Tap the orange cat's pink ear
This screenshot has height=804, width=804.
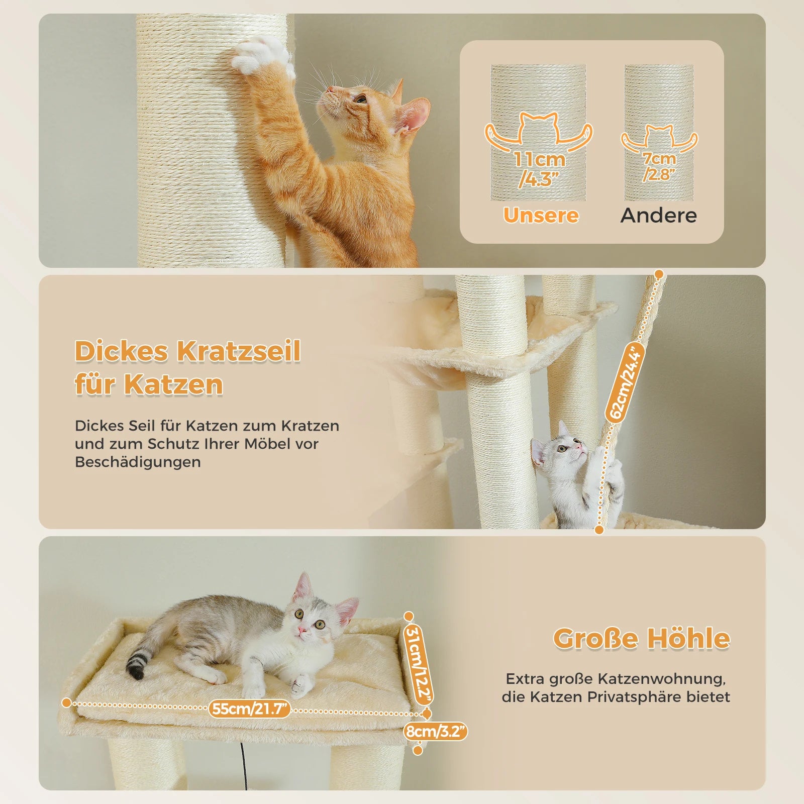click(413, 116)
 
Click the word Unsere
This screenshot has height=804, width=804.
click(541, 215)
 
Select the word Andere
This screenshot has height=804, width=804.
click(658, 215)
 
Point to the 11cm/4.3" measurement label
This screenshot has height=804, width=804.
click(539, 168)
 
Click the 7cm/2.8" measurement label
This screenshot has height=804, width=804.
click(659, 166)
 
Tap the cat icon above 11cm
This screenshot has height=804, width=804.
click(538, 129)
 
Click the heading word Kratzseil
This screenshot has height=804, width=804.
click(238, 351)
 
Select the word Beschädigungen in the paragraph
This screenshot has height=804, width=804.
click(138, 462)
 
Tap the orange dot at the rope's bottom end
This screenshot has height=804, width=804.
click(599, 529)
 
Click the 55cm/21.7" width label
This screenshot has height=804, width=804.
click(250, 709)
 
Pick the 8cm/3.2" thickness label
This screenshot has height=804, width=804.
click(436, 731)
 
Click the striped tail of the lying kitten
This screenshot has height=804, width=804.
click(137, 663)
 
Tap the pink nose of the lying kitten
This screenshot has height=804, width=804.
click(302, 630)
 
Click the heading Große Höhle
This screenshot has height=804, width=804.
click(641, 639)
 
